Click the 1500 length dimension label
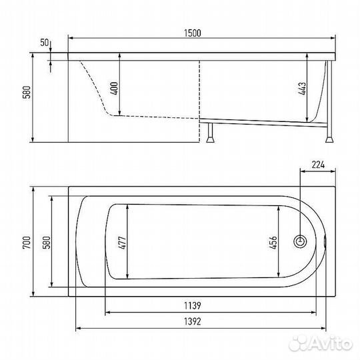tap(193, 33)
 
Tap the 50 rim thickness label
tap(45, 43)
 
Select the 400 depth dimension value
tap(114, 88)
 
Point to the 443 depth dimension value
tap(303, 89)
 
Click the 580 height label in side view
tap(27, 92)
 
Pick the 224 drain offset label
tap(318, 165)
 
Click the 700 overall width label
tap(27, 243)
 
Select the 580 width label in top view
tap(47, 243)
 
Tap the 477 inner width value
tap(122, 243)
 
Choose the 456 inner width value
tap(273, 243)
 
